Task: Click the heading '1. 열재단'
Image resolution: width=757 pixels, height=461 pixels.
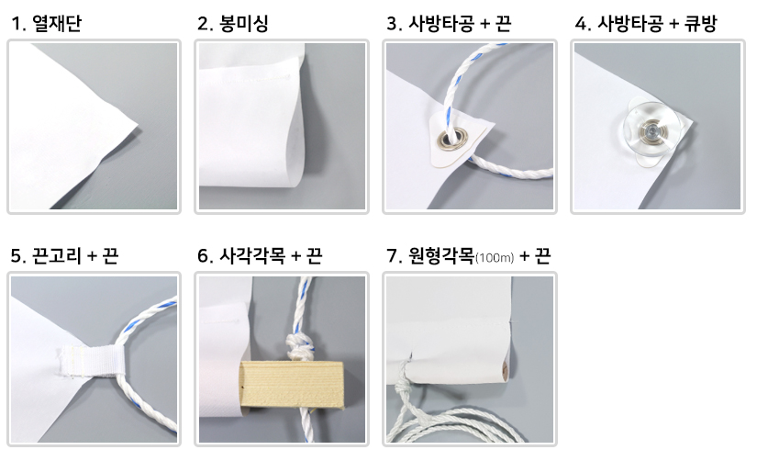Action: pyautogui.click(x=47, y=23)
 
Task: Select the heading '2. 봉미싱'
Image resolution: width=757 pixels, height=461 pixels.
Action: pyautogui.click(x=233, y=23)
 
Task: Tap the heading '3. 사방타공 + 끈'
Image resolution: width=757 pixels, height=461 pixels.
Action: pyautogui.click(x=449, y=23)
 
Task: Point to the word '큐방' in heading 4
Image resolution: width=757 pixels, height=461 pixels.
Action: pyautogui.click(x=700, y=23)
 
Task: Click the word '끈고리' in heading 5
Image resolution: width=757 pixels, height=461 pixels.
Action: pyautogui.click(x=57, y=255)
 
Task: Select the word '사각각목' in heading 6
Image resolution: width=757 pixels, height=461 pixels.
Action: pyautogui.click(x=252, y=255)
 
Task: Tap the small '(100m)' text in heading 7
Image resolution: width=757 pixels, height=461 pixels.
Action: pyautogui.click(x=495, y=258)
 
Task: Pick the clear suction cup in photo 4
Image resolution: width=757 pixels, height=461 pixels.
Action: pyautogui.click(x=651, y=130)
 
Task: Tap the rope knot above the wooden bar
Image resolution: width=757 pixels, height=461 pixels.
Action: pyautogui.click(x=300, y=347)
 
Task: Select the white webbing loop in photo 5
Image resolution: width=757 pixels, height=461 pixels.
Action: pyautogui.click(x=92, y=361)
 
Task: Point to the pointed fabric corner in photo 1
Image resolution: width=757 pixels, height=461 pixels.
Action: pyautogui.click(x=138, y=126)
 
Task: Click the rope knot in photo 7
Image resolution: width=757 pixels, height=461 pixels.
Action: pyautogui.click(x=401, y=385)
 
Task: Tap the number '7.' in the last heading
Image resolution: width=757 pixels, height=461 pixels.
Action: pyautogui.click(x=395, y=256)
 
